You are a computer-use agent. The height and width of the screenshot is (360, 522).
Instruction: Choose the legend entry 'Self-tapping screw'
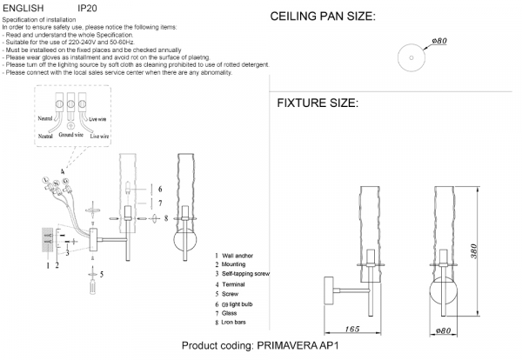point(245,274)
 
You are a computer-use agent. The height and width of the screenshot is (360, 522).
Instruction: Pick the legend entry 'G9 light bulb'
point(238,306)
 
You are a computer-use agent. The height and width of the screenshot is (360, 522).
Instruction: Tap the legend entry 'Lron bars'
point(236,323)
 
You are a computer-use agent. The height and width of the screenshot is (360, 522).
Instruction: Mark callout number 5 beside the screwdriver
point(102,275)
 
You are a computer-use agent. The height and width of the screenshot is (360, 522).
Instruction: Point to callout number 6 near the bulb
point(159,189)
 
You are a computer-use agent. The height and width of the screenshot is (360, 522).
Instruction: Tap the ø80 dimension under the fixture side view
point(441,330)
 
